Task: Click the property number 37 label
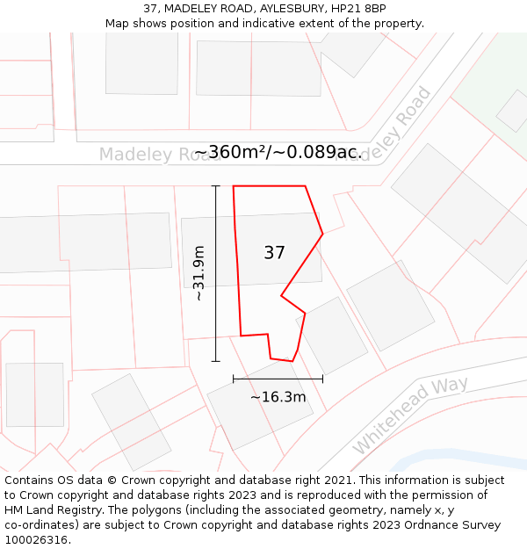click(274, 253)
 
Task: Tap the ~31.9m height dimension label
click(199, 273)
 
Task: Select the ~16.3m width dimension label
click(278, 397)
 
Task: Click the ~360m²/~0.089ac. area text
click(278, 152)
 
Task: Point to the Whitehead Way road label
click(410, 415)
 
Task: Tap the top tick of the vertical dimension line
click(215, 186)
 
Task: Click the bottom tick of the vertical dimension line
click(215, 361)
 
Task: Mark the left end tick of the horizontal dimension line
click(233, 379)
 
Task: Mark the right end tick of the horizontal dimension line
click(323, 379)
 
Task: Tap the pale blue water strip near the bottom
click(457, 459)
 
